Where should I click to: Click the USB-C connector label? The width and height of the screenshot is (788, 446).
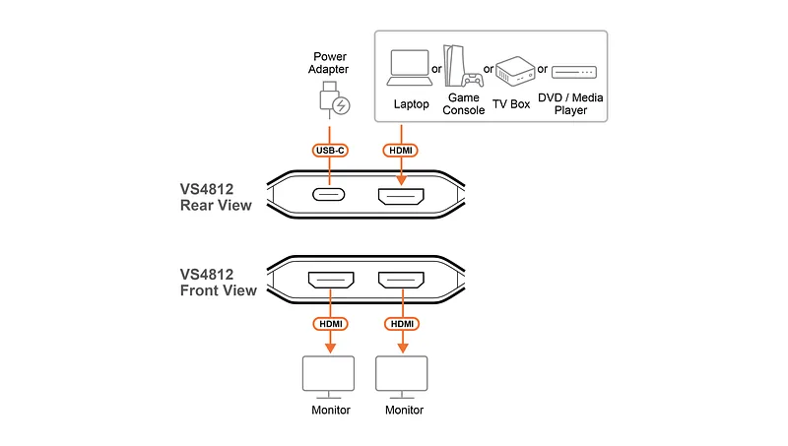pyautogui.click(x=330, y=151)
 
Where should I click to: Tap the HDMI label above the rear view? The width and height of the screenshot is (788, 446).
pyautogui.click(x=401, y=151)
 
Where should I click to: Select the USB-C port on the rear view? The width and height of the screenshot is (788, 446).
pyautogui.click(x=329, y=194)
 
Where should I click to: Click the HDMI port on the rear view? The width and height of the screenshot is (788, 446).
pyautogui.click(x=401, y=196)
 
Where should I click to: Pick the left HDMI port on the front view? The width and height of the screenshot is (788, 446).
pyautogui.click(x=331, y=280)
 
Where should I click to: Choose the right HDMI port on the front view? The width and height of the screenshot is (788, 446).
pyautogui.click(x=401, y=280)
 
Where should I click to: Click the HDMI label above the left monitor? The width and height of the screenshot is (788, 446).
pyautogui.click(x=331, y=324)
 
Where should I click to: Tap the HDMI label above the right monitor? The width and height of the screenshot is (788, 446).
pyautogui.click(x=402, y=324)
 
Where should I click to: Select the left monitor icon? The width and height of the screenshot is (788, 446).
pyautogui.click(x=328, y=377)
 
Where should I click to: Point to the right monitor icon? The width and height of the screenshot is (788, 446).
pyautogui.click(x=402, y=377)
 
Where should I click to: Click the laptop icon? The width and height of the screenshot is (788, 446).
pyautogui.click(x=410, y=68)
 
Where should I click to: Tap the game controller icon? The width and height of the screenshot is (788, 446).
pyautogui.click(x=473, y=80)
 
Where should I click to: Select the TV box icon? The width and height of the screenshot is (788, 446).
pyautogui.click(x=515, y=71)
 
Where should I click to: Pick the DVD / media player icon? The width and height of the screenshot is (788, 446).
pyautogui.click(x=574, y=72)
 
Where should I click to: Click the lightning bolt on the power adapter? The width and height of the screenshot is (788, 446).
pyautogui.click(x=341, y=105)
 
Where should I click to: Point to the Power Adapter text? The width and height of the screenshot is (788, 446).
pyautogui.click(x=329, y=63)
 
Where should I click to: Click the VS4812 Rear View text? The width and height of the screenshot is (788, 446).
pyautogui.click(x=216, y=197)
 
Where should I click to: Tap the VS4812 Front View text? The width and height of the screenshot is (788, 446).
pyautogui.click(x=218, y=283)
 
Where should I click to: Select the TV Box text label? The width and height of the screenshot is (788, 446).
pyautogui.click(x=511, y=104)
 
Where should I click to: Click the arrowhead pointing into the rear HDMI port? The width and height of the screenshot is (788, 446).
pyautogui.click(x=401, y=180)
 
